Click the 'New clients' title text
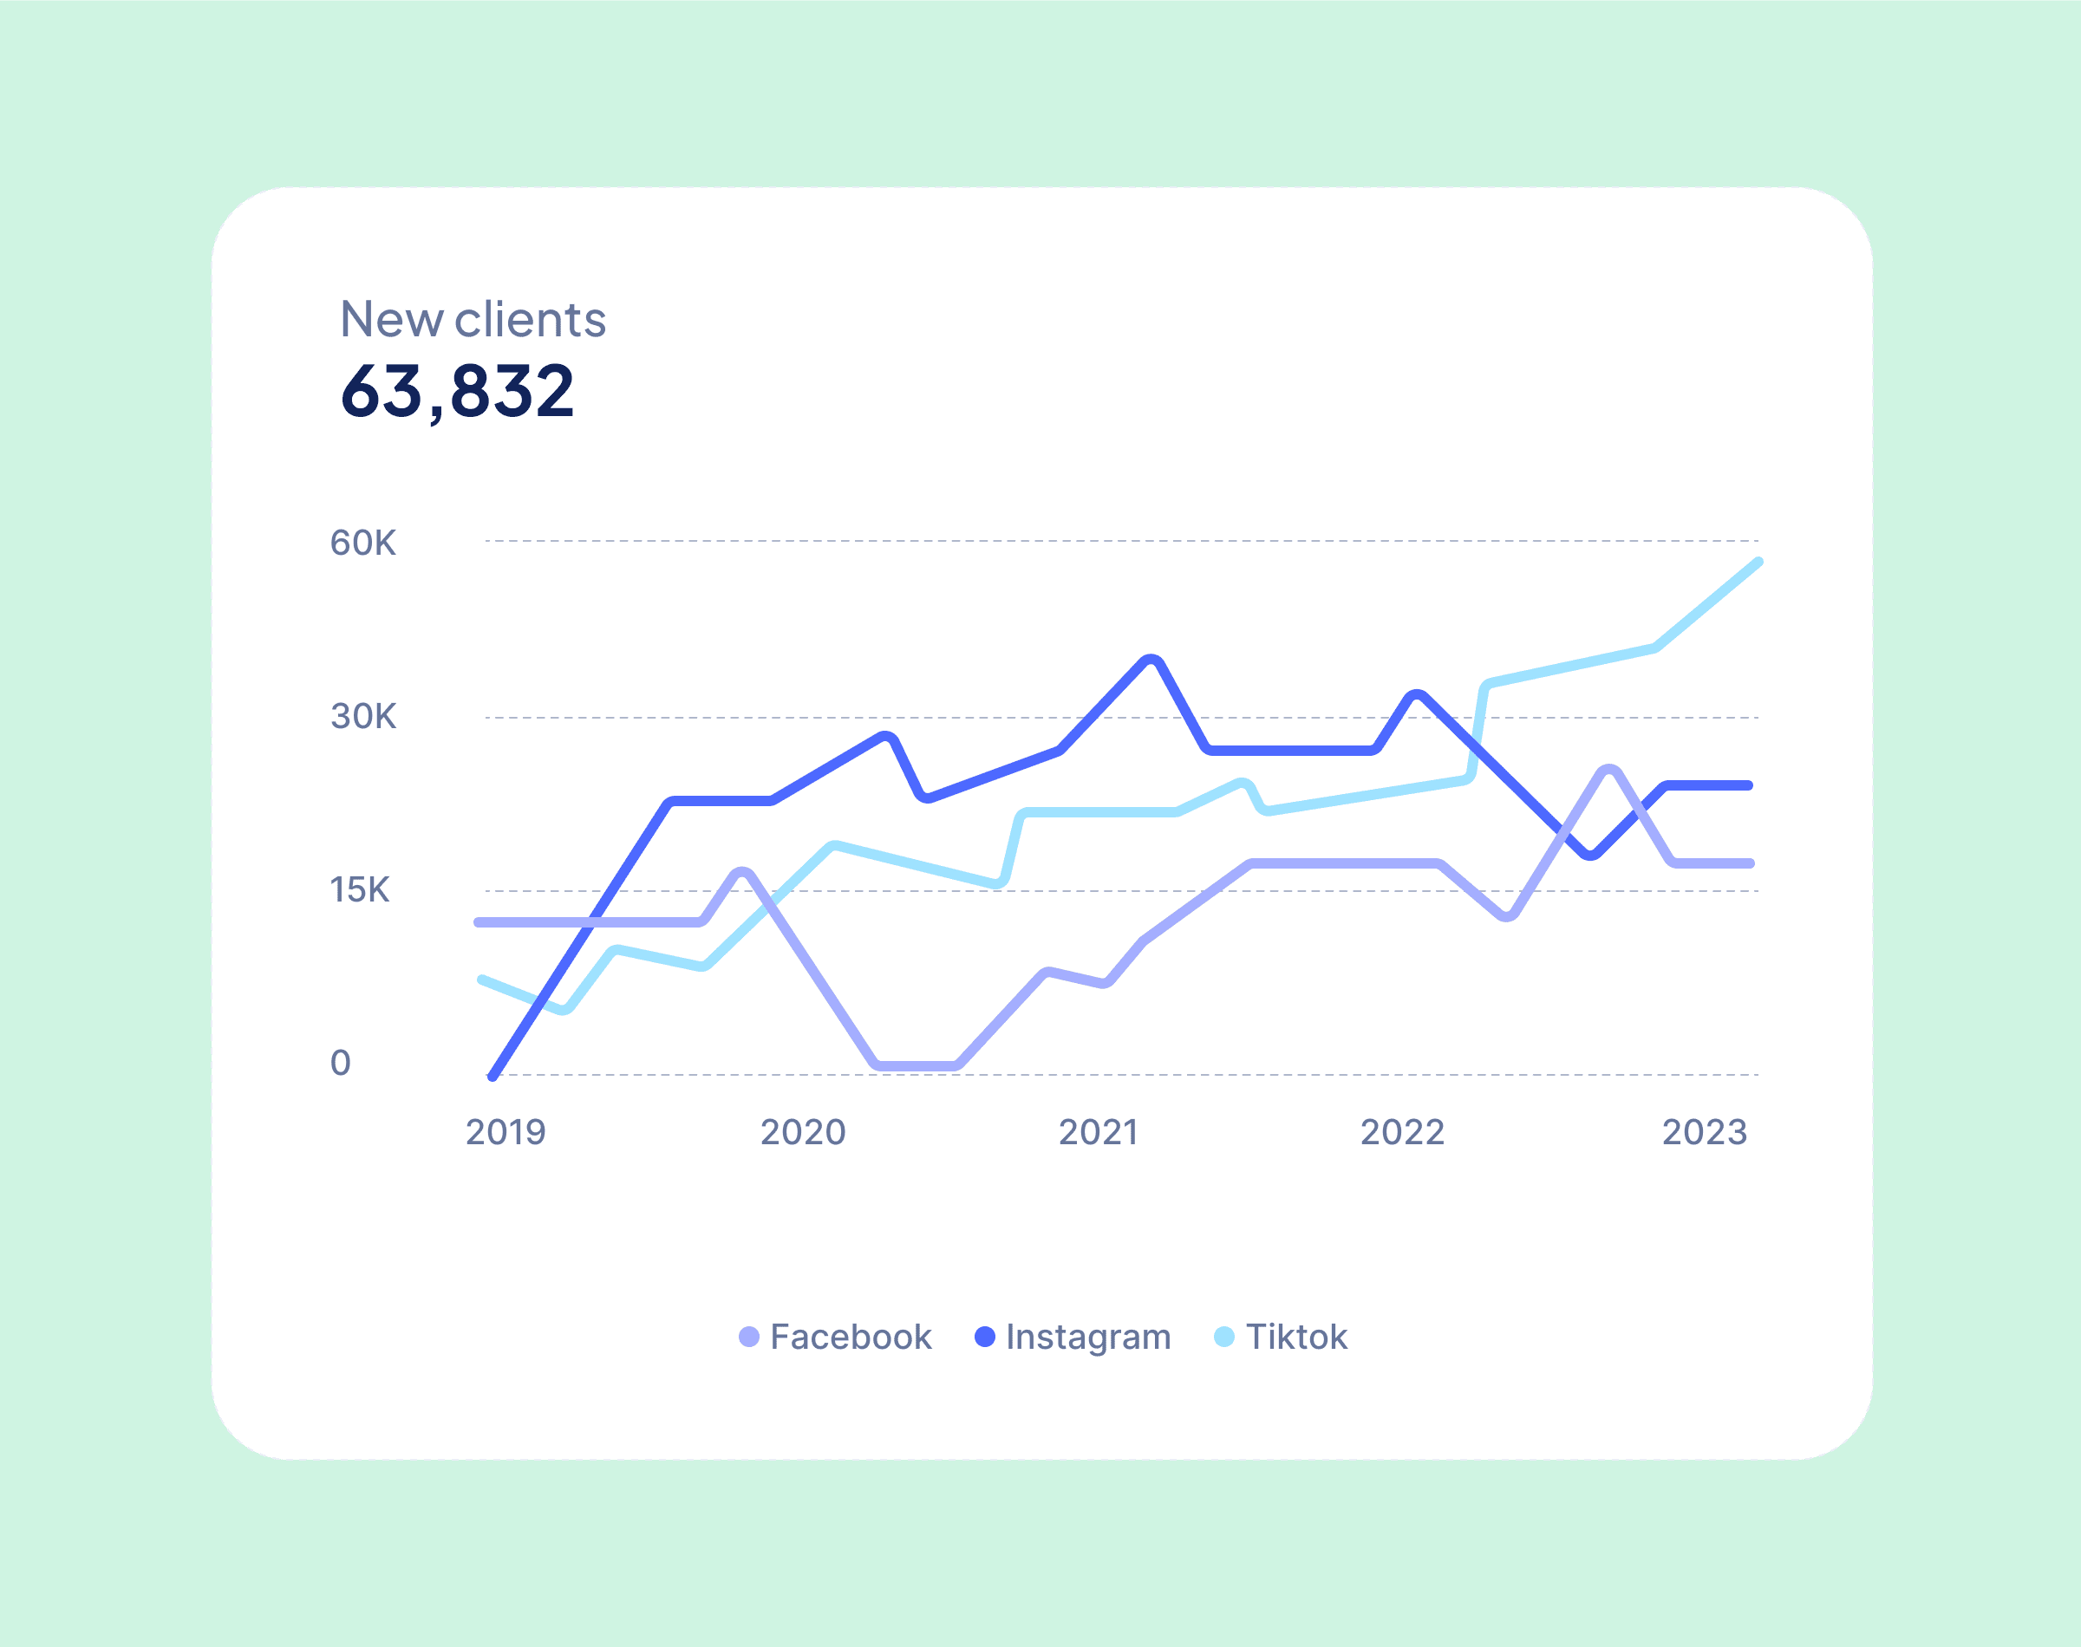coord(473,319)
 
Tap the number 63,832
coord(457,392)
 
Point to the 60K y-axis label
coord(362,543)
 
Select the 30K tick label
coord(362,717)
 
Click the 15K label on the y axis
coord(360,889)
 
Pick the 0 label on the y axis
coord(341,1063)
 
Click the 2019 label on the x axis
coord(506,1132)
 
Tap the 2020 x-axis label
coord(802,1132)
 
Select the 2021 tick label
coord(1098,1132)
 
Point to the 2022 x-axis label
coord(1401,1132)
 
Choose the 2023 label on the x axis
coord(1704,1132)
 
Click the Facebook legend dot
coord(748,1338)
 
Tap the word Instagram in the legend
coord(1087,1338)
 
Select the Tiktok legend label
coord(1296,1338)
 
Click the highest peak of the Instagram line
coord(1151,661)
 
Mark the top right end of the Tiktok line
coord(1757,563)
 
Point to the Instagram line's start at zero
coord(493,1075)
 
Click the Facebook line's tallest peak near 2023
coord(1608,771)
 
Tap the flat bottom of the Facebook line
coord(917,1065)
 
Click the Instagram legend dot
coord(984,1338)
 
